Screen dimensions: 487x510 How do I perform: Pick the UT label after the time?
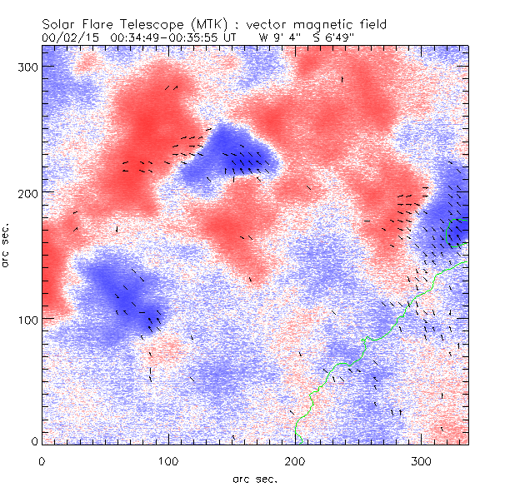point(230,37)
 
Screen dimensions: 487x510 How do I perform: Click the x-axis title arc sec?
point(255,478)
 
